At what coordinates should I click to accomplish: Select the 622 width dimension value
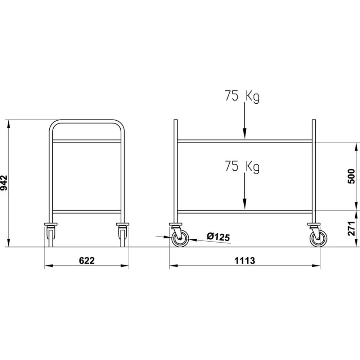tap(87, 261)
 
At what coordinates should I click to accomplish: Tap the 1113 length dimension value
tap(245, 261)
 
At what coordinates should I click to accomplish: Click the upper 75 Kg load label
tap(242, 96)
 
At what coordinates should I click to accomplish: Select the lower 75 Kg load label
tap(242, 166)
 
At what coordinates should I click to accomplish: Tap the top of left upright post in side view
tap(176, 121)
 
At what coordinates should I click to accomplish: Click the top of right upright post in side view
tap(314, 121)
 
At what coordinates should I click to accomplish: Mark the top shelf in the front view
tap(87, 141)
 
